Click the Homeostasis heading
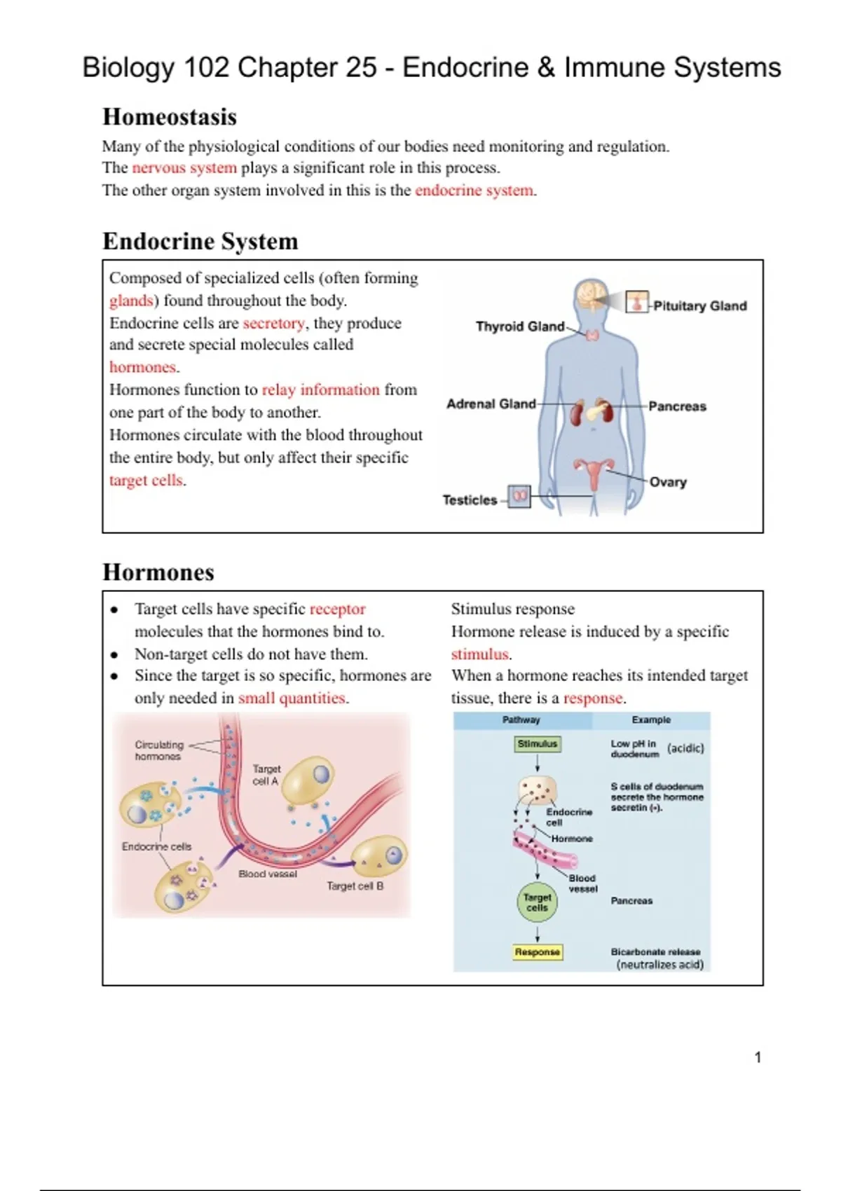coord(170,117)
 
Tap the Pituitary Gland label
coord(699,306)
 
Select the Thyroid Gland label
coord(519,326)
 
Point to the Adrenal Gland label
coord(491,404)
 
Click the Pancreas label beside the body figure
coord(677,406)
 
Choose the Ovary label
coord(668,482)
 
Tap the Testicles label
coord(470,500)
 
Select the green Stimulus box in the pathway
coord(538,744)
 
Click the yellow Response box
coord(538,952)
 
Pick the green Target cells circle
coord(538,902)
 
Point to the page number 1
coord(758,1057)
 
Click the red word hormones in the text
coord(142,367)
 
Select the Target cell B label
coord(355,886)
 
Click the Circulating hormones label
coord(159,750)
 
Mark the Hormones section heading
coord(158,572)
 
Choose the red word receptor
coord(338,609)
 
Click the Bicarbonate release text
coord(655,952)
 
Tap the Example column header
coord(651,720)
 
